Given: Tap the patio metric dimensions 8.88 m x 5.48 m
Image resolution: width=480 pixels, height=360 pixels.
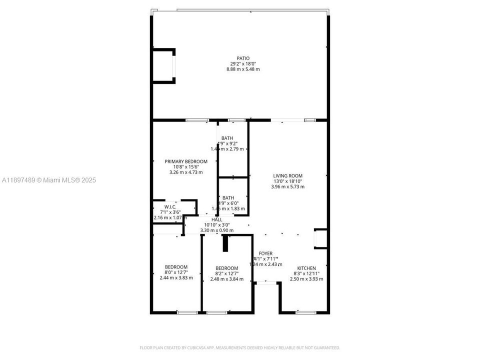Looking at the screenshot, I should coord(243,69).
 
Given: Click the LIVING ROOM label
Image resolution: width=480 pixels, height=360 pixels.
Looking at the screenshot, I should coord(287,175).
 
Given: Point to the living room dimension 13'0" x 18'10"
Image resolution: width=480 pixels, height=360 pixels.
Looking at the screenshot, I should coord(287,181).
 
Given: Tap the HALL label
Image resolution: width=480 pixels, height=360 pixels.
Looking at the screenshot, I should coord(217,219).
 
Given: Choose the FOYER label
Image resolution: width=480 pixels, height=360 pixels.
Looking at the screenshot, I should coord(265,253).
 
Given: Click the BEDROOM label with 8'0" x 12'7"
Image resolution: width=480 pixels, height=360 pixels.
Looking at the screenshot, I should coord(176,266).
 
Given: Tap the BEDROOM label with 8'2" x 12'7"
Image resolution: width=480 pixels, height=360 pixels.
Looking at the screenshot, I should coord(226,268).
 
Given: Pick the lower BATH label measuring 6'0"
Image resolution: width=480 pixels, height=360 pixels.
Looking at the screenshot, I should coord(228,197).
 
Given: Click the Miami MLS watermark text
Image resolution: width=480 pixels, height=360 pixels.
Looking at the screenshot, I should coord(49,180).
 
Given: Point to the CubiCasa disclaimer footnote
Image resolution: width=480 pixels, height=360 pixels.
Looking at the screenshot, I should coord(239,347).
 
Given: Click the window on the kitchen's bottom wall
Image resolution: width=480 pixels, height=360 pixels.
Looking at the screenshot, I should coord(305,312).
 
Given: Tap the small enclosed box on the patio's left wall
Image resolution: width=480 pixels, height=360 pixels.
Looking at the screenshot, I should coord(163,65).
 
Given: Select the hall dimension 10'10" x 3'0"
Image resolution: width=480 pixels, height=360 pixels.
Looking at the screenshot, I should coord(217,225).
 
